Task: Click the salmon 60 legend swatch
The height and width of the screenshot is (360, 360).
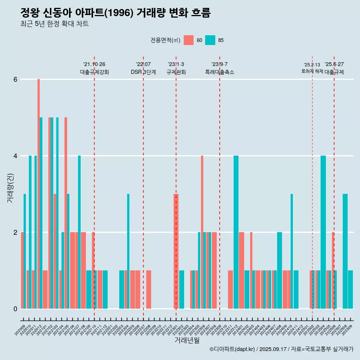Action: (189, 40)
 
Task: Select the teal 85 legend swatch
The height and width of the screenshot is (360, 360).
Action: (210, 40)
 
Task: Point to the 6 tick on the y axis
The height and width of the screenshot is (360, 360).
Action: (15, 79)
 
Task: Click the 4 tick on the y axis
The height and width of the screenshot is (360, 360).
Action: (15, 156)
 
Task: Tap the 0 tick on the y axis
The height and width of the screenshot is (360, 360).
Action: (15, 309)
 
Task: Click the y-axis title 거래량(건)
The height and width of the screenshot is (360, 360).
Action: (10, 188)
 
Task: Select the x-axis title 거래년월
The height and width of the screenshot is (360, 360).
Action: (187, 340)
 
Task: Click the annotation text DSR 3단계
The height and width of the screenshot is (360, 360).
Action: (143, 72)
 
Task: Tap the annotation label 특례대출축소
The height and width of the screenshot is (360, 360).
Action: (220, 72)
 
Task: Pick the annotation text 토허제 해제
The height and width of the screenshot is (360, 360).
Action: (312, 71)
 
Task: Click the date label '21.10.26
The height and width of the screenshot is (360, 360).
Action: (94, 64)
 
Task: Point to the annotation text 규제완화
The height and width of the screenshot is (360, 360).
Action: (176, 72)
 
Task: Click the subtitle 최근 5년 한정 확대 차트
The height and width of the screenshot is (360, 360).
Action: (55, 24)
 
